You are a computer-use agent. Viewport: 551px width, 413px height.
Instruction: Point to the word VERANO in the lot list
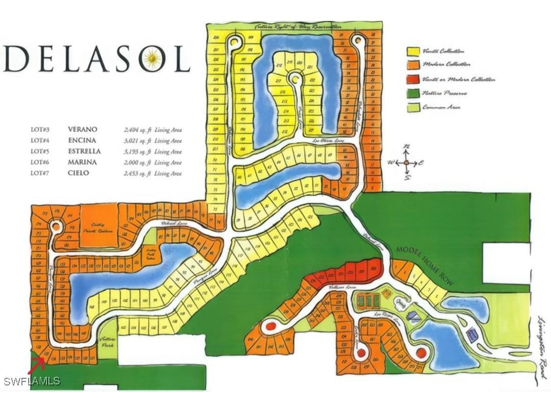[x=82, y=130]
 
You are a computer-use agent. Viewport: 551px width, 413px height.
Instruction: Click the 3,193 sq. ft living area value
[x=135, y=151]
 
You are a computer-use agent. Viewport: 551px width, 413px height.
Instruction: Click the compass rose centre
[x=406, y=162]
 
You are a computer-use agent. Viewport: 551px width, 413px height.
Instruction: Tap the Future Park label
[x=107, y=342]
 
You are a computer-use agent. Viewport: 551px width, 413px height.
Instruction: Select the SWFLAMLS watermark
[x=32, y=381]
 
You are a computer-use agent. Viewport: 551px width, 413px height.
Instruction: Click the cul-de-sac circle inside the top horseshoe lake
[x=294, y=78]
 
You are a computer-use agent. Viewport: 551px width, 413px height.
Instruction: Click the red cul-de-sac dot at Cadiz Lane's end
[x=361, y=353]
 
